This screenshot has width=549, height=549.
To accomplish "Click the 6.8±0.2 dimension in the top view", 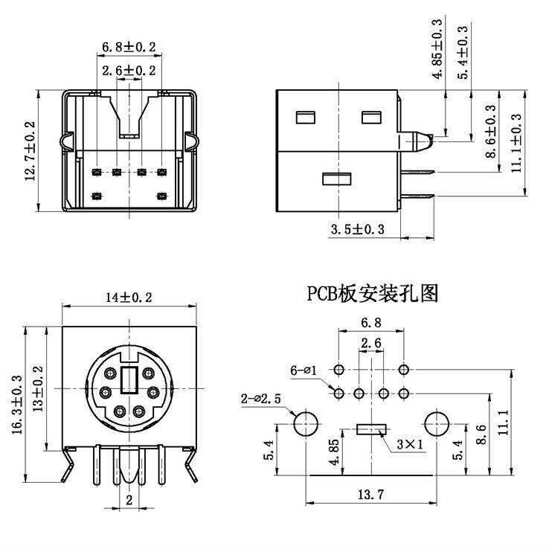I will [129, 48].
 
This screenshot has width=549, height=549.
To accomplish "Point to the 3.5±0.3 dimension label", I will [357, 230].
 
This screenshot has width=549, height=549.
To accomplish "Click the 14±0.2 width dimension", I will [129, 298].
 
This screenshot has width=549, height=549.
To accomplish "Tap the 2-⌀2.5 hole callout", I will [261, 399].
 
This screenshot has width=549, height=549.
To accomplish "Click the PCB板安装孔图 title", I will [373, 293].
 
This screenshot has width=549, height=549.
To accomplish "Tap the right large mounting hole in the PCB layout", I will [436, 424].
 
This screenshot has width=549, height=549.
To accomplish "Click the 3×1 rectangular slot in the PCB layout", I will [371, 428].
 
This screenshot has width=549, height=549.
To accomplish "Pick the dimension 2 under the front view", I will [129, 500].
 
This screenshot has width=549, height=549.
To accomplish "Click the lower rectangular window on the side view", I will [335, 179].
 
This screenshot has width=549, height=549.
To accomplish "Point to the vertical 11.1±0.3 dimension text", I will [516, 138].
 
